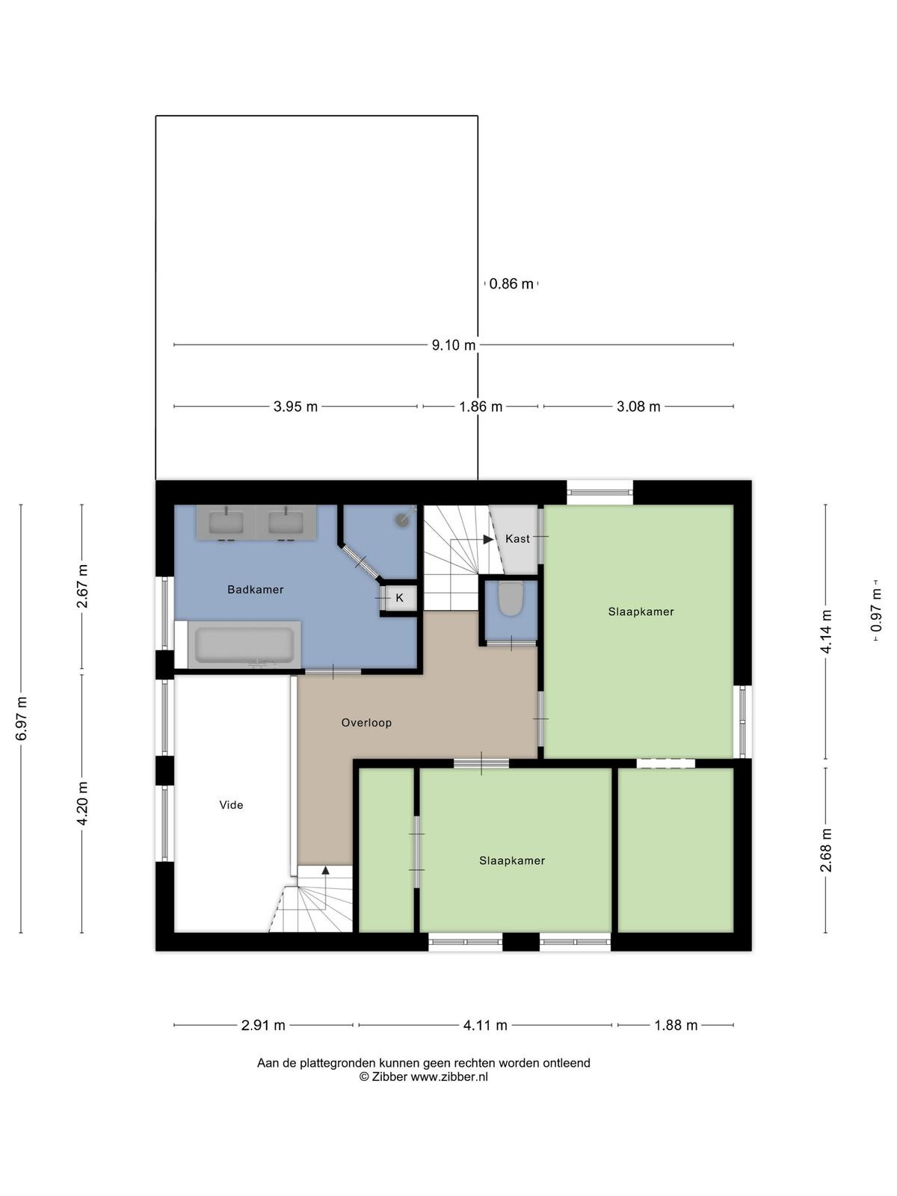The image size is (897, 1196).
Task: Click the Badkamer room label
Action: [x=256, y=589]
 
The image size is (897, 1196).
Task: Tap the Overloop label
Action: [x=366, y=723]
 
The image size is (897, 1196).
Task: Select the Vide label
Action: [x=231, y=805]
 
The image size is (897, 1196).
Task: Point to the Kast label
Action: [x=517, y=539]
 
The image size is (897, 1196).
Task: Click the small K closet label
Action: [x=399, y=598]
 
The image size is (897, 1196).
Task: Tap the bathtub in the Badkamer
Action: [x=244, y=644]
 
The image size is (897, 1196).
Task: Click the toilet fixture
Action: [x=511, y=598]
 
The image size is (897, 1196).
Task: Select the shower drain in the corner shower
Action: [x=402, y=520]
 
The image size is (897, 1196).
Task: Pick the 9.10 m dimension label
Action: [x=454, y=345]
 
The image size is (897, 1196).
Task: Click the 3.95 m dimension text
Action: [x=295, y=407]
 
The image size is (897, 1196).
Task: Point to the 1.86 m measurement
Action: [x=481, y=407]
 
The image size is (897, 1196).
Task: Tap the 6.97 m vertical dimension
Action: [x=21, y=718]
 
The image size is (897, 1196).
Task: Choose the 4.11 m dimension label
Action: [x=485, y=1026]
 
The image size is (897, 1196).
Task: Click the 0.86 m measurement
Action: [x=511, y=284]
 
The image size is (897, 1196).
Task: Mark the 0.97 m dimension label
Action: [x=876, y=610]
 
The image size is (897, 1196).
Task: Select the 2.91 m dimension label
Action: [x=263, y=1026]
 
